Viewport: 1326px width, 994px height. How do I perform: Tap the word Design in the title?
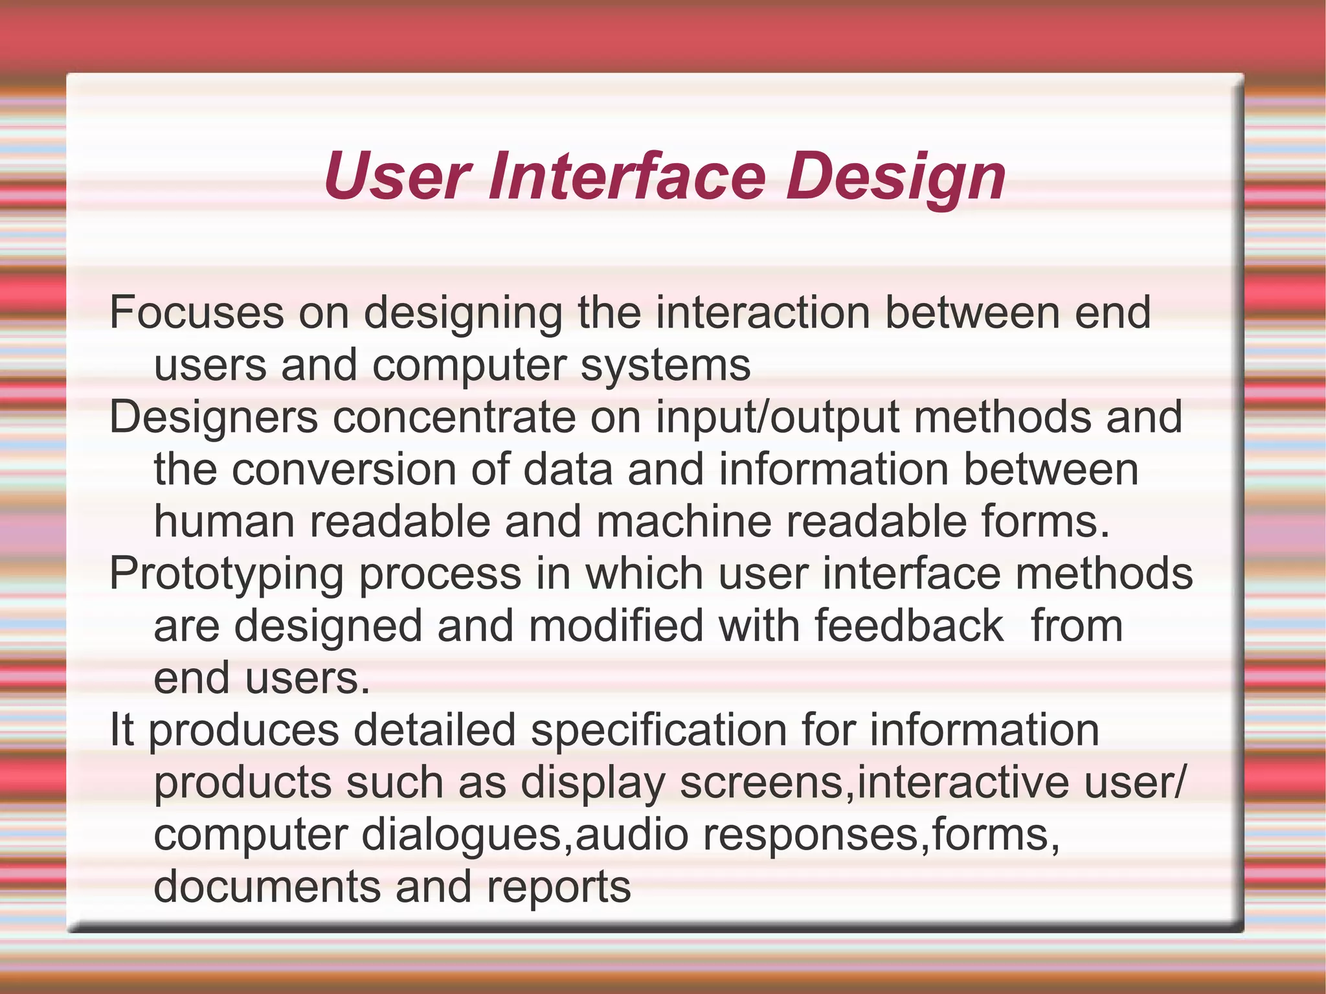click(897, 176)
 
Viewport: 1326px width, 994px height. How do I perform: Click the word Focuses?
click(196, 313)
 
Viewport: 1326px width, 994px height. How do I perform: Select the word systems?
click(665, 365)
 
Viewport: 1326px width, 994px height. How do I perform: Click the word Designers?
click(214, 417)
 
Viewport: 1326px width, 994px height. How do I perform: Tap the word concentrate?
click(454, 417)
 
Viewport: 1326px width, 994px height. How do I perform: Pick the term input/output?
click(777, 417)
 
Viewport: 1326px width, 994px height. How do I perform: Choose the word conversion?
click(344, 469)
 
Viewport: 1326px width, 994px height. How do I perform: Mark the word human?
click(224, 522)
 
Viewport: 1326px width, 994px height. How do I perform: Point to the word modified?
click(616, 626)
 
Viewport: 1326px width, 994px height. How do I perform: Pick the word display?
click(593, 783)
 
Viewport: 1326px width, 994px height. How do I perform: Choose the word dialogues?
click(461, 835)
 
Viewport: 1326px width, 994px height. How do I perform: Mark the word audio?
click(631, 835)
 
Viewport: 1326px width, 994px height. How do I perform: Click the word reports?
click(559, 887)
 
